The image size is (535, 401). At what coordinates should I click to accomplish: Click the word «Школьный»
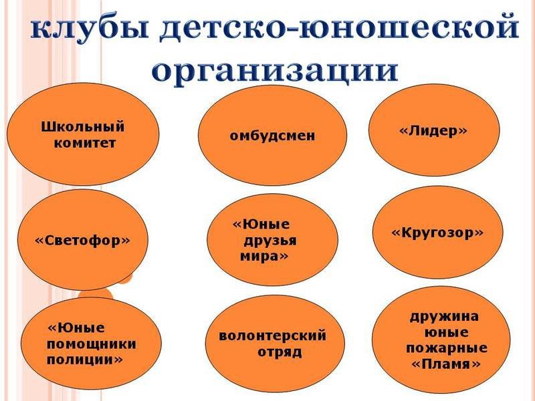(83, 126)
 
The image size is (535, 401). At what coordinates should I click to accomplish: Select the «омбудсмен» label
(272, 136)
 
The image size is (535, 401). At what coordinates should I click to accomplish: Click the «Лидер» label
(433, 132)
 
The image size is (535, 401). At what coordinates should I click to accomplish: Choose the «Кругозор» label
(437, 233)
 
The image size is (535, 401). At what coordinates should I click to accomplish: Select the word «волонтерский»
(273, 336)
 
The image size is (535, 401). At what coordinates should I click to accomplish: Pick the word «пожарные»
(446, 349)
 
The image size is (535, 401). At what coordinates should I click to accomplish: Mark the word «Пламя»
(446, 364)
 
